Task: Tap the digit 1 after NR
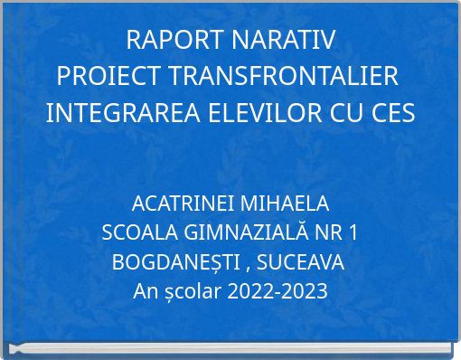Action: [353, 232]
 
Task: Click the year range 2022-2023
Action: [278, 292]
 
